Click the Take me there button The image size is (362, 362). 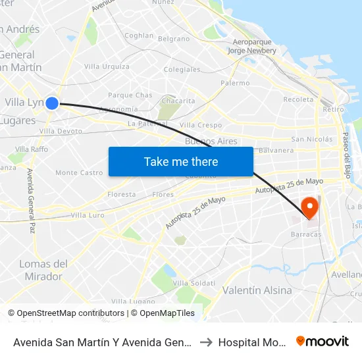coord(180,161)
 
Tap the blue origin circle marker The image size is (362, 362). coord(52,102)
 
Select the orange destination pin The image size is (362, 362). coord(308,208)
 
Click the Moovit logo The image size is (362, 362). coord(323,341)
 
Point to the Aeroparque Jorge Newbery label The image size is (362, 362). coord(253,45)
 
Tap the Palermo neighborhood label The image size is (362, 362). coord(235,84)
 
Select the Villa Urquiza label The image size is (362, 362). coord(107,66)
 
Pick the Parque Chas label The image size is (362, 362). coord(130,95)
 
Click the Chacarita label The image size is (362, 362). coord(178,101)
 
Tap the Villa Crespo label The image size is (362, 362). coord(201,125)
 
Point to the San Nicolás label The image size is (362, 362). coord(312,140)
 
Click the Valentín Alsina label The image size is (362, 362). coord(257,290)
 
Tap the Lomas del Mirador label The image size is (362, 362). coord(43,270)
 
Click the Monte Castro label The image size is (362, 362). coord(79,173)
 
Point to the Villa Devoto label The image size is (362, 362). coord(61,131)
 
